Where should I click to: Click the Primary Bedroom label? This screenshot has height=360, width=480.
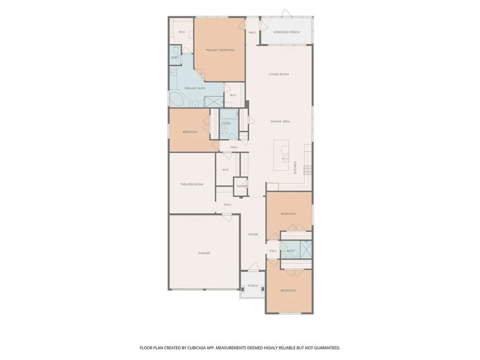tap(220, 50)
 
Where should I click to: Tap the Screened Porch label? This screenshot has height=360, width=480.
tap(286, 32)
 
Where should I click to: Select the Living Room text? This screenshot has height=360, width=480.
tap(279, 75)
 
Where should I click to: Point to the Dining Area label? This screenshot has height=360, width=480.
tap(280, 122)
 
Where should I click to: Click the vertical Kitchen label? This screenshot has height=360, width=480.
tap(295, 168)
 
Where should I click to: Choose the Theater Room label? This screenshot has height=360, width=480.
tap(191, 184)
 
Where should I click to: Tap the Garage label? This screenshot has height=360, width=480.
tap(204, 253)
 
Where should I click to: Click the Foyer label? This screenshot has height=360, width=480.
tap(253, 234)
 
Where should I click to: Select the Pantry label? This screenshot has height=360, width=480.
tap(242, 186)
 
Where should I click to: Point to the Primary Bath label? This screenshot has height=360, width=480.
tap(195, 88)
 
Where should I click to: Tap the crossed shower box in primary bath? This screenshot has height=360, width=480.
tap(214, 102)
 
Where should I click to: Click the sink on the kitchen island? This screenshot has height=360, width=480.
tap(285, 159)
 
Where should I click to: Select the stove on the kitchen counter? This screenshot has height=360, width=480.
tap(307, 169)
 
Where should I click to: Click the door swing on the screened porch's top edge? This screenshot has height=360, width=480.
tap(287, 13)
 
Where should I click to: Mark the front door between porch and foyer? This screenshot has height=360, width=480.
tap(253, 267)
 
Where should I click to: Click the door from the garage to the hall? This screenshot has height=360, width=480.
tap(227, 218)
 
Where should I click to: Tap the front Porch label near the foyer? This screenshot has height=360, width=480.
tap(253, 286)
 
